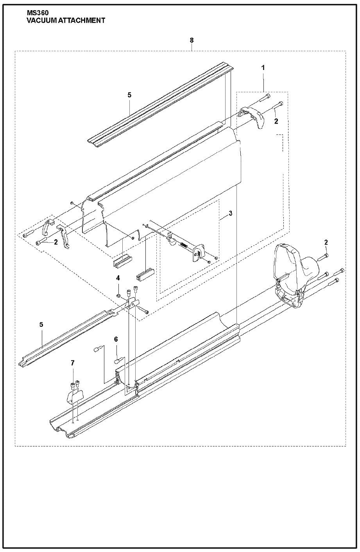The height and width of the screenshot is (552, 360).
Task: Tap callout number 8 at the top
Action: tap(192, 40)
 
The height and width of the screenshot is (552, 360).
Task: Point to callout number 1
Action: tap(263, 68)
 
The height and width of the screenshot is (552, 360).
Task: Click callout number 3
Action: tap(230, 213)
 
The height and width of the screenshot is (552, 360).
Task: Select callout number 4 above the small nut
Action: tap(118, 278)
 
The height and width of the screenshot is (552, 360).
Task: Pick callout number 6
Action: tap(116, 339)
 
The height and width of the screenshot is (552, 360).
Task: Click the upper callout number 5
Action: tap(130, 95)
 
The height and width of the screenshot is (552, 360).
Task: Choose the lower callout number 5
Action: tap(41, 324)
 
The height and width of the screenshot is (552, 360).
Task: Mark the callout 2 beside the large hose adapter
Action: tap(326, 242)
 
